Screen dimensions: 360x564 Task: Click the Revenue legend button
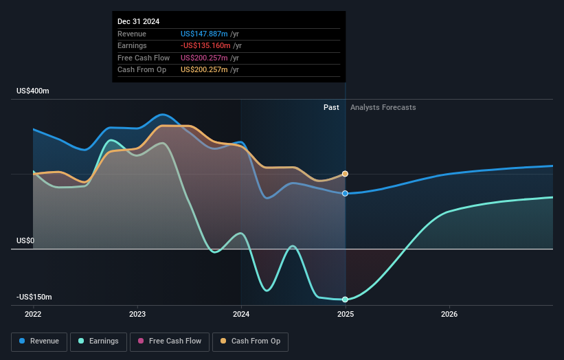(39, 341)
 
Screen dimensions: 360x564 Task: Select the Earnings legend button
(99, 341)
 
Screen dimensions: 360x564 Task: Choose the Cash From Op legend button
(250, 341)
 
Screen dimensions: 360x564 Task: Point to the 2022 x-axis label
(33, 314)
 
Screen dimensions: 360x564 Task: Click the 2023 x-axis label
(137, 314)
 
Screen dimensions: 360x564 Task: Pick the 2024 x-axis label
(241, 314)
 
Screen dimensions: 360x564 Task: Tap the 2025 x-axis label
(345, 314)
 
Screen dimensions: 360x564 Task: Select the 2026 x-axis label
(449, 314)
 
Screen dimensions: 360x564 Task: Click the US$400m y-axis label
(33, 91)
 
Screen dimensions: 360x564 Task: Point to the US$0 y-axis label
(25, 240)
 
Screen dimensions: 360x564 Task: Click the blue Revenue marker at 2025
(345, 193)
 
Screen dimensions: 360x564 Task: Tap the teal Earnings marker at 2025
(345, 300)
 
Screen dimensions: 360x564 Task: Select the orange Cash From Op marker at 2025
(345, 174)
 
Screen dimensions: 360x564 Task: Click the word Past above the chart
(331, 107)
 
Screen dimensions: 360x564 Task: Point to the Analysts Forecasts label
(383, 107)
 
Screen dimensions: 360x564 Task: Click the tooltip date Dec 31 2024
(138, 21)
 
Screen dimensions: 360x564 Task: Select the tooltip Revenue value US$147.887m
(204, 34)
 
